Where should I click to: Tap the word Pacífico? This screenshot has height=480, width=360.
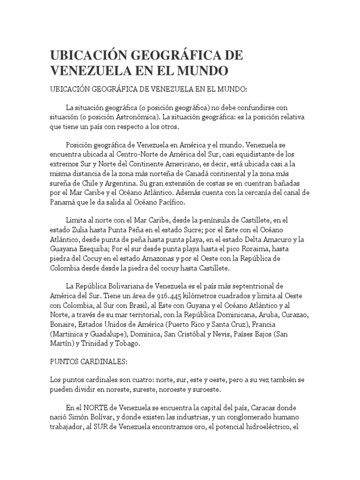(172, 202)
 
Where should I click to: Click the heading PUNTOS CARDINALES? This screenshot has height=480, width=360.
(89, 362)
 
